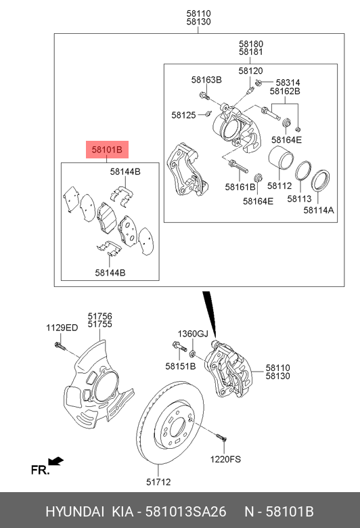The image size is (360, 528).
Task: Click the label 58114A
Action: point(319,211)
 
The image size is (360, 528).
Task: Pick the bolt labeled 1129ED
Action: point(59,348)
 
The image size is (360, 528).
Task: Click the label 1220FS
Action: point(225,458)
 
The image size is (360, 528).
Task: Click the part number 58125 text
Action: point(183,115)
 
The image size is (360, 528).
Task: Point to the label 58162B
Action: point(285,90)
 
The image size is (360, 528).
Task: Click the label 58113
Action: point(298,199)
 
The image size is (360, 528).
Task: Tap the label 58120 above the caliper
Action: point(250,70)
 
